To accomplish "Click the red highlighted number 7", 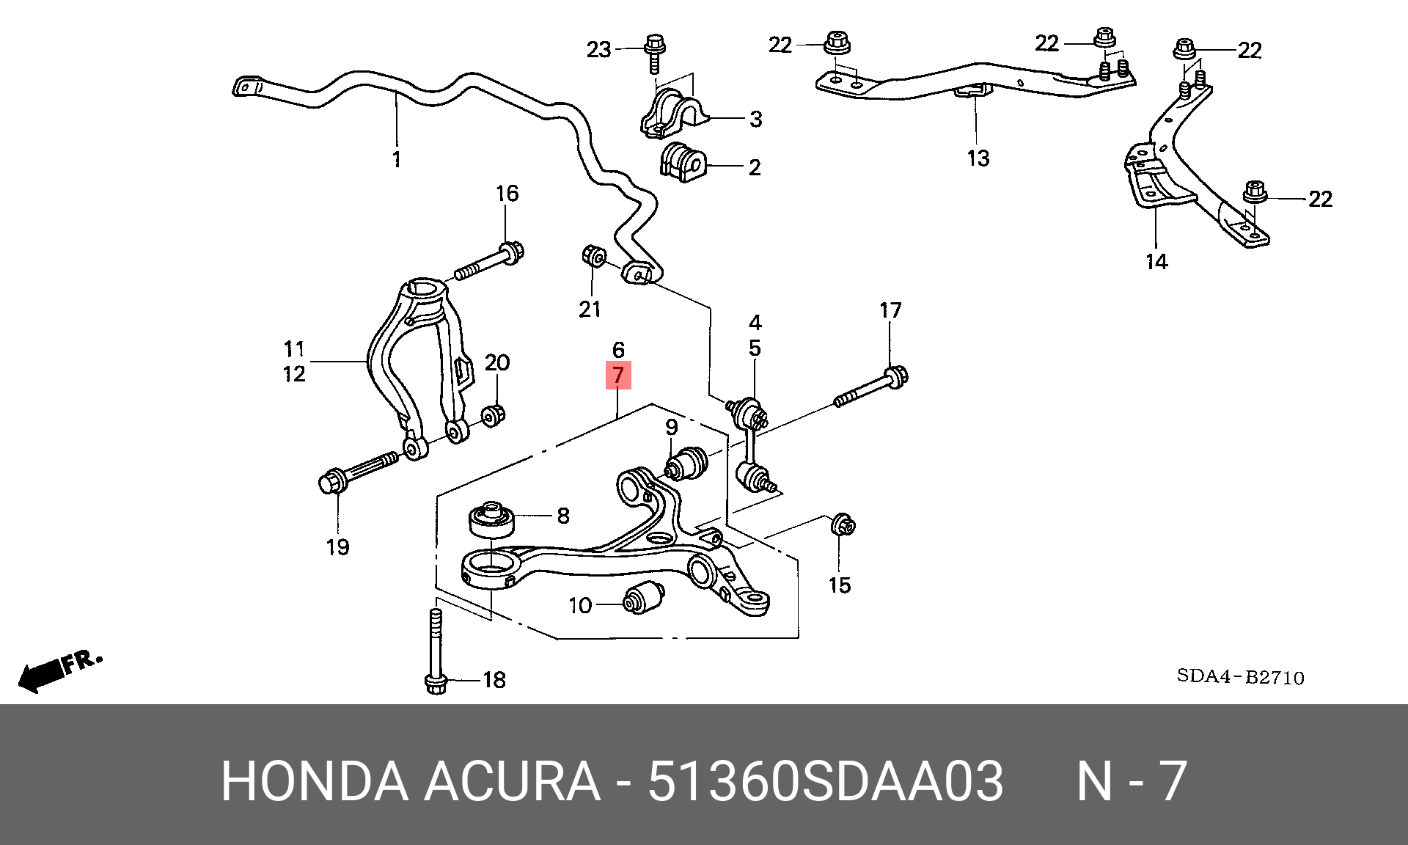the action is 618,375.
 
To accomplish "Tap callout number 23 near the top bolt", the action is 598,49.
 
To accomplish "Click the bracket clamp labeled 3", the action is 673,112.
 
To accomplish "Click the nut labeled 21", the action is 593,257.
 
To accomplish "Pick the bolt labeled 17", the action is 872,387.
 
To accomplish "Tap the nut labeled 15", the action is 843,525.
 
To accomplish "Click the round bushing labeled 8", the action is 492,519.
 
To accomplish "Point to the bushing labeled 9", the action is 686,464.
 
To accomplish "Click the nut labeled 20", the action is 493,414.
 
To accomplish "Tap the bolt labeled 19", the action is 359,471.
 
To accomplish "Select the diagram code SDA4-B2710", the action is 1241,676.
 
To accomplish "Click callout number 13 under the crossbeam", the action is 978,158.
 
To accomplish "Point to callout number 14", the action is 1156,261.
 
